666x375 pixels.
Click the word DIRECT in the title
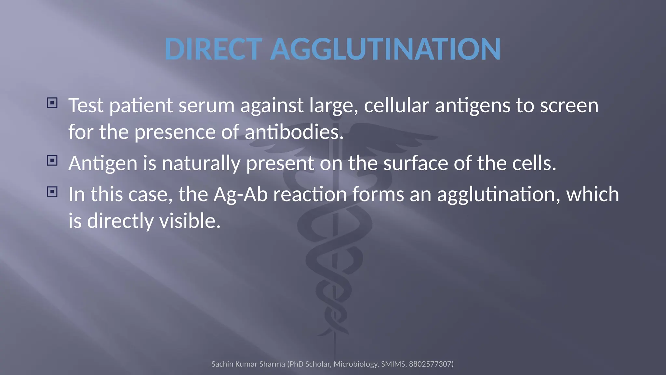point(213,49)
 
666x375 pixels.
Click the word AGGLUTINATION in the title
point(385,49)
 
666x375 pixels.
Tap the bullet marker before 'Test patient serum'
point(52,103)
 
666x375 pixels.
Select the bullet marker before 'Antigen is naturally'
point(52,160)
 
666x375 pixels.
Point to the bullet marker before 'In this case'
point(52,192)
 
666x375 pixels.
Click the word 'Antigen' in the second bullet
point(103,163)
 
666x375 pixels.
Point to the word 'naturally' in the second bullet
point(201,163)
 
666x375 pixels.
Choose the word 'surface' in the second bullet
point(416,163)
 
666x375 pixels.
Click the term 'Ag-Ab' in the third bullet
point(241,195)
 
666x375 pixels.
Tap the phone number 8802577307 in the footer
point(430,364)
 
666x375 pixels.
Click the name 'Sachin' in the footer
point(222,364)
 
